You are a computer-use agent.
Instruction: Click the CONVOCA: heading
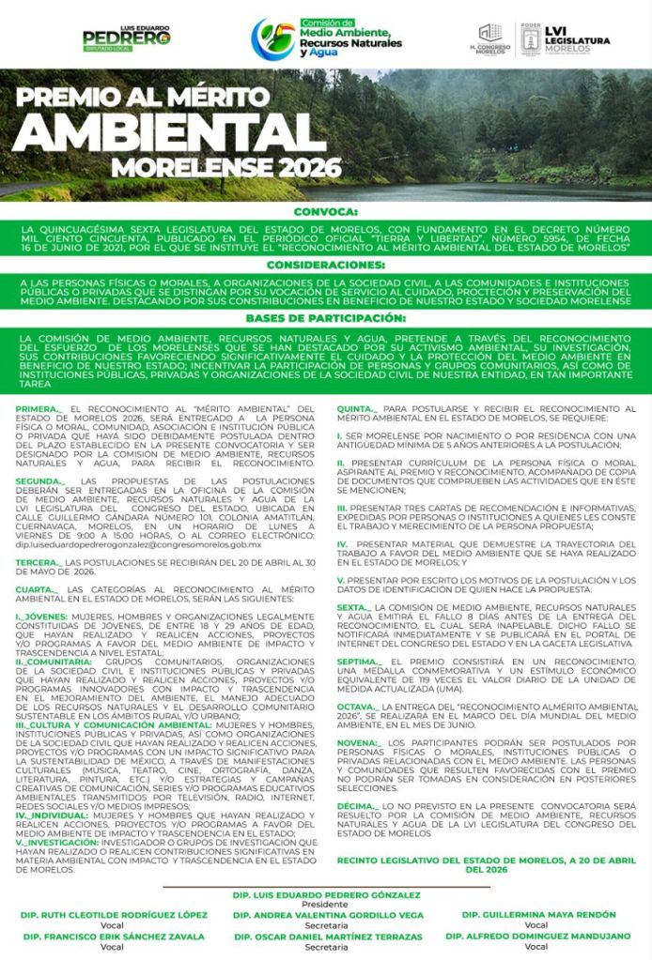326,212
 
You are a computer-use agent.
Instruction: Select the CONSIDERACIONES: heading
326,266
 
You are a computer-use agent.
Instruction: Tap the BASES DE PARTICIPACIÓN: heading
326,319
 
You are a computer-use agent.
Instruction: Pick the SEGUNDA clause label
40,480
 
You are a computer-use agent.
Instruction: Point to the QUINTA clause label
357,409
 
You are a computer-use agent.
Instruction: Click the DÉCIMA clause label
358,805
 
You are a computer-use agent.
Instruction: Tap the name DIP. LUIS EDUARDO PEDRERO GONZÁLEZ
326,895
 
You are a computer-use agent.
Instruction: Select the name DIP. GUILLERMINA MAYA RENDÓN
537,914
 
